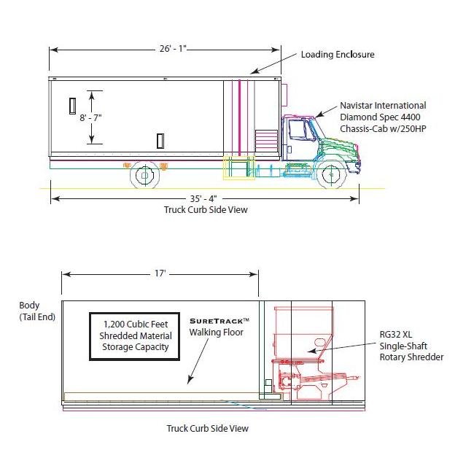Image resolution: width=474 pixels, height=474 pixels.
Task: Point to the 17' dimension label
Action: (160, 273)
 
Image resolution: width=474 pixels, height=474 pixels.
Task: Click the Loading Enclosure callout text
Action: (338, 55)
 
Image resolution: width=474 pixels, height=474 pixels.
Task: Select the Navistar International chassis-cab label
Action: (383, 117)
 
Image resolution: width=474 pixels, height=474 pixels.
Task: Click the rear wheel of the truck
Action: (144, 175)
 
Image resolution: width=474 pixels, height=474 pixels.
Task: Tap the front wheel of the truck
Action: (332, 175)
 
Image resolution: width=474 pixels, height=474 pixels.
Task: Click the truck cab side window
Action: (298, 131)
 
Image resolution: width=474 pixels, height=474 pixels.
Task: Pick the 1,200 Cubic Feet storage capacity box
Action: (134, 336)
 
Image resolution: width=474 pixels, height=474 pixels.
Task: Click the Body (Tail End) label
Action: (36, 311)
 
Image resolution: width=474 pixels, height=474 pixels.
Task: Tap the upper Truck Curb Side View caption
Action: (206, 209)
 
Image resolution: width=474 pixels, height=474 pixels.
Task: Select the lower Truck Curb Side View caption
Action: (207, 428)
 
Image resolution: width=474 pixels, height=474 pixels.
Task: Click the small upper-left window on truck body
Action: (72, 105)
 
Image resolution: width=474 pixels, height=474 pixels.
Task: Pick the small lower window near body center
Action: (160, 140)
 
